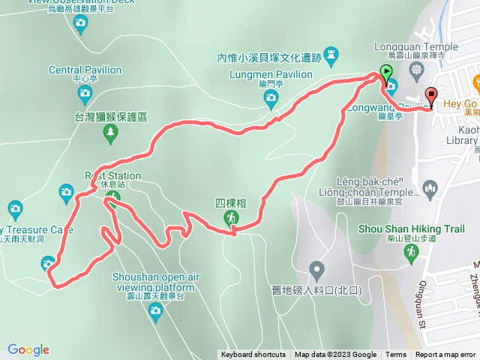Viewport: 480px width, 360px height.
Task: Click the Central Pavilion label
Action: [x=85, y=70]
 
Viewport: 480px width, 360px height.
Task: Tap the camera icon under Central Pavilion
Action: [x=84, y=94]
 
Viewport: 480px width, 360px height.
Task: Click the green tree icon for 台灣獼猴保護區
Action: [x=111, y=133]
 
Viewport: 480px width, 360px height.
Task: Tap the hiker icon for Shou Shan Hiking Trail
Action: [x=412, y=255]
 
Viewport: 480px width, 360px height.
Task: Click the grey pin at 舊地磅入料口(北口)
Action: [x=316, y=268]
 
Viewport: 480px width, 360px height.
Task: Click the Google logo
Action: [x=28, y=349]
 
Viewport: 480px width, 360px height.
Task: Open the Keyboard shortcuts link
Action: [x=253, y=355]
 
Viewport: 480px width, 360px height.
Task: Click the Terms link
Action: [x=396, y=355]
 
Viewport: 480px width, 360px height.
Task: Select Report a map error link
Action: [x=447, y=355]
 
